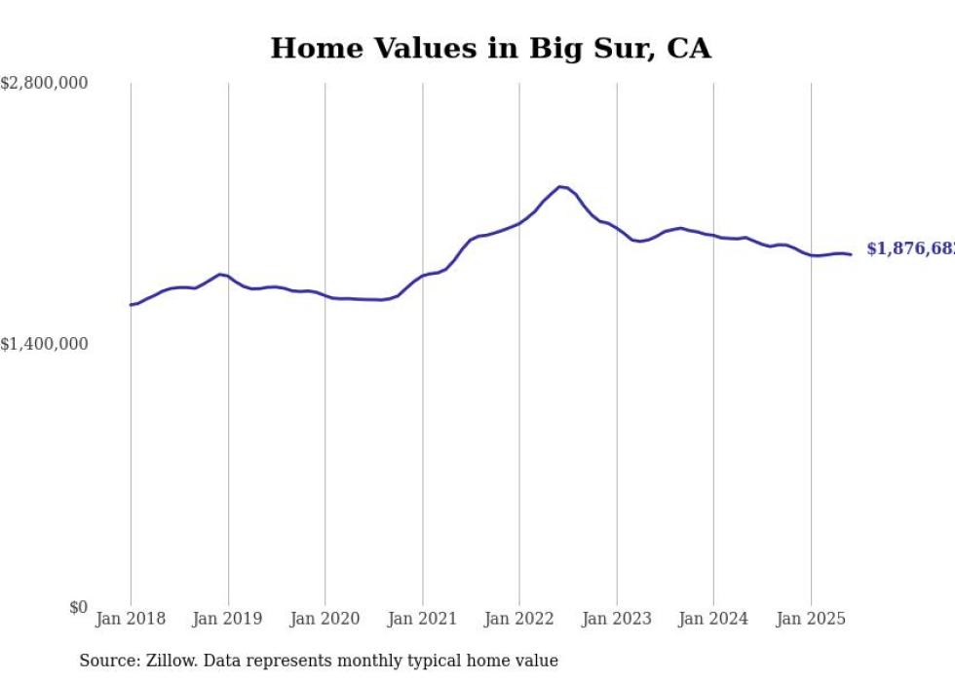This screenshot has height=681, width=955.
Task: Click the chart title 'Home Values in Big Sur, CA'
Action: tap(490, 48)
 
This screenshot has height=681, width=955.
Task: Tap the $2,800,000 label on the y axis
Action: tap(44, 84)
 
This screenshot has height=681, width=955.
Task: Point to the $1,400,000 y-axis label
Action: tap(44, 344)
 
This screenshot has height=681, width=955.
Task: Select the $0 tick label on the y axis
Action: tap(78, 607)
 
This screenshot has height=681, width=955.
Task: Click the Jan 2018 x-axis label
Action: tap(131, 619)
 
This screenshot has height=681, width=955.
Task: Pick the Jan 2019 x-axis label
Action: tap(228, 619)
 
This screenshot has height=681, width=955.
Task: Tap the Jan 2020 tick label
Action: tap(325, 619)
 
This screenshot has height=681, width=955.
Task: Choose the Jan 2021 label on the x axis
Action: tap(422, 619)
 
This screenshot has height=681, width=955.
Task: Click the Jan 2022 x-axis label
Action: tap(519, 619)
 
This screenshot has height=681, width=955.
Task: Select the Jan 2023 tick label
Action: tap(616, 619)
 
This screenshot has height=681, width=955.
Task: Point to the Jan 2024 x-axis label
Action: tap(713, 619)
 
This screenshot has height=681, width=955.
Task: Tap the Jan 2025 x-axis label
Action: tap(811, 619)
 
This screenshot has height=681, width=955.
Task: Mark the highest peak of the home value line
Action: tap(560, 186)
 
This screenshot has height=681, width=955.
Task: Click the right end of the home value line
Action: tap(851, 254)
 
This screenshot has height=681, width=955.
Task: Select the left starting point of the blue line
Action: tap(131, 305)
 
